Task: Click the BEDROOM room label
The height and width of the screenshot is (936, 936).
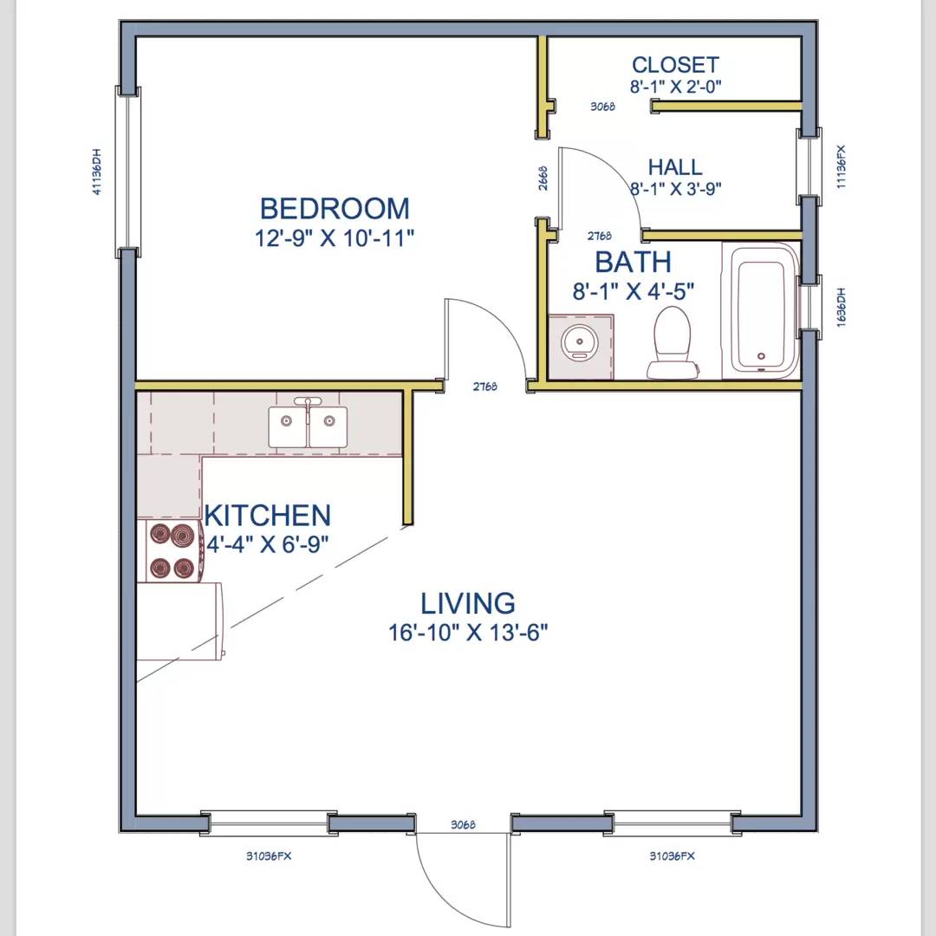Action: pos(335,208)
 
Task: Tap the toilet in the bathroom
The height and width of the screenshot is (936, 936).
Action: pos(673,342)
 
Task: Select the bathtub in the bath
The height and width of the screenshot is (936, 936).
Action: pos(761,310)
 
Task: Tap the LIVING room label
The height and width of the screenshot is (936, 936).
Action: pos(468,603)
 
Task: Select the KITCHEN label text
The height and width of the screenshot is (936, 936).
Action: pos(268,516)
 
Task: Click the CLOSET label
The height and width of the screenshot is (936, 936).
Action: pos(676,64)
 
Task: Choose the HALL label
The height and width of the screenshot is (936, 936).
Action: pos(675,166)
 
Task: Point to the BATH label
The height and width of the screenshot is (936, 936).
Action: pos(634,262)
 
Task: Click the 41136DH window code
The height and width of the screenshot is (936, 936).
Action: pos(97,172)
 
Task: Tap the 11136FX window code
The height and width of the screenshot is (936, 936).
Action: pos(841,166)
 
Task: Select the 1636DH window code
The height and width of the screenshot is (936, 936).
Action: pos(841,308)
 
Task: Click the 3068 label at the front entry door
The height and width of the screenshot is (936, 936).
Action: pos(463,824)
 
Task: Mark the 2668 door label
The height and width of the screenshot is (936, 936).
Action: pos(543,178)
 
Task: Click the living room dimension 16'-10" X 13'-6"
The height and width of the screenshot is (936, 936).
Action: pos(468,632)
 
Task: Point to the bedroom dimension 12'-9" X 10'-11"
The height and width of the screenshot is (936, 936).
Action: pos(335,237)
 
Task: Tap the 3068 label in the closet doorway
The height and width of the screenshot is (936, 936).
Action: pos(603,107)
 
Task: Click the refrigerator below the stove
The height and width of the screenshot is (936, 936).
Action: pos(179,621)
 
